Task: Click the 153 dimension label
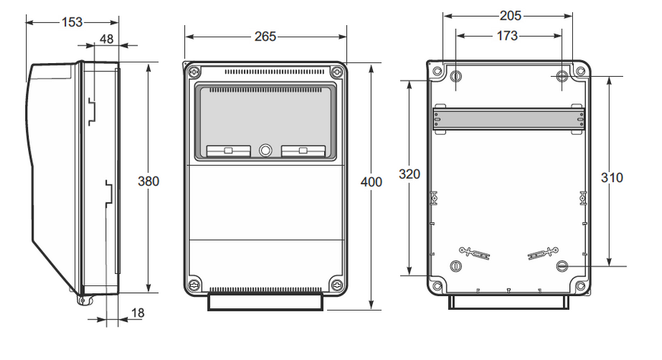[x=72, y=22]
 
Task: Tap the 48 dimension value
[x=107, y=39]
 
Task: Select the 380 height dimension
[x=148, y=181]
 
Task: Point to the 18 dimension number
[x=138, y=313]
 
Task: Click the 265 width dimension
[x=265, y=37]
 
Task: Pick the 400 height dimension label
[x=371, y=182]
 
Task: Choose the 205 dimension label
[x=511, y=16]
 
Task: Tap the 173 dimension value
[x=507, y=36]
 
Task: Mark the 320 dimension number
[x=409, y=174]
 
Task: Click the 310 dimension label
[x=612, y=177]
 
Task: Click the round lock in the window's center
[x=266, y=151]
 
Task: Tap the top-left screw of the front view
[x=195, y=72]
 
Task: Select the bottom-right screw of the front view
[x=336, y=285]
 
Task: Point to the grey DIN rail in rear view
[x=509, y=119]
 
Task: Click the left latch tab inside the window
[x=228, y=151]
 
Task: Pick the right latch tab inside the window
[x=303, y=151]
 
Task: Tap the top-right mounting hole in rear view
[x=562, y=76]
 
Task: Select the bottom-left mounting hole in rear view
[x=456, y=266]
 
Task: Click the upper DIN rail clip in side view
[x=91, y=112]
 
